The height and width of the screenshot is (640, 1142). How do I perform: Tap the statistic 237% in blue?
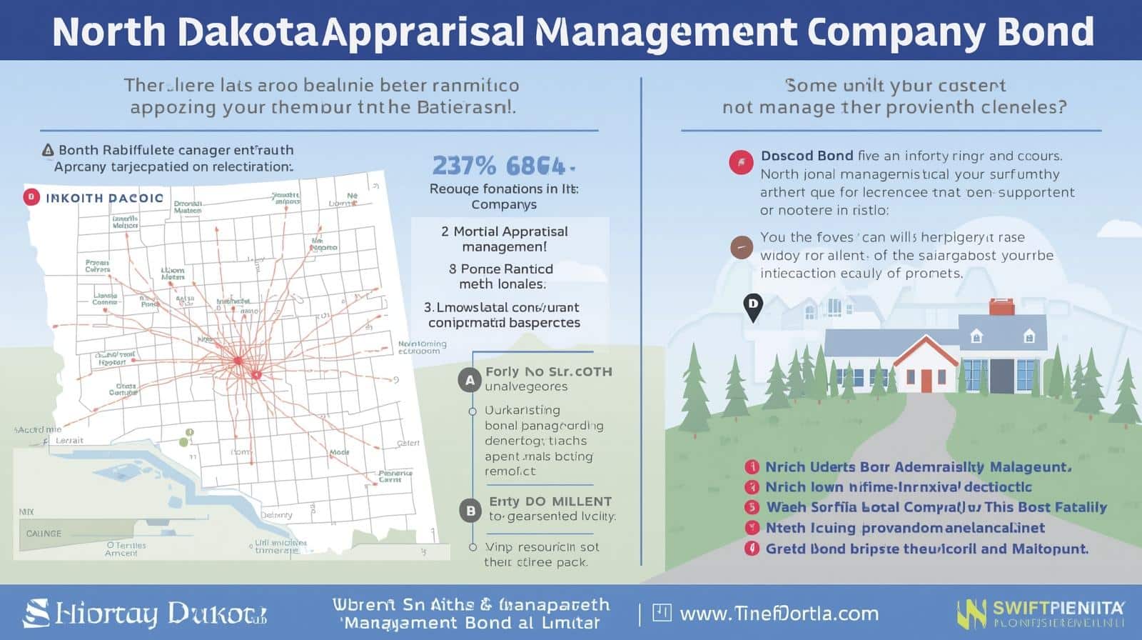[464, 166]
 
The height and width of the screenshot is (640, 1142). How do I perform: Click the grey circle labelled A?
[470, 380]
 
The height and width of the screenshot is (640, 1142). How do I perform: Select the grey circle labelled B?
[470, 510]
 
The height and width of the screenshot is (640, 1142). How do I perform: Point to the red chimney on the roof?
[1001, 308]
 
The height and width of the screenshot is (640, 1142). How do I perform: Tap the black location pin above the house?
[752, 306]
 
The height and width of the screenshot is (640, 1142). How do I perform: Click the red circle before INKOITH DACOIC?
[31, 197]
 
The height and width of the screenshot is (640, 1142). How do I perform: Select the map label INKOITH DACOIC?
[104, 198]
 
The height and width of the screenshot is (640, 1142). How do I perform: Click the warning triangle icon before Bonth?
[48, 150]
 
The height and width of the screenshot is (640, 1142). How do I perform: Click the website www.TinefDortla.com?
[779, 614]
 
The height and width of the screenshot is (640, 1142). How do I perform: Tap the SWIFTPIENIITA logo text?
[1058, 609]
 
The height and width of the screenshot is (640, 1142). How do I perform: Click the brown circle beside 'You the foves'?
[742, 248]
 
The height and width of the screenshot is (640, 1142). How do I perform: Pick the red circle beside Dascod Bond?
[741, 163]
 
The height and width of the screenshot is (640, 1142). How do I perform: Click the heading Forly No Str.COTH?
[548, 371]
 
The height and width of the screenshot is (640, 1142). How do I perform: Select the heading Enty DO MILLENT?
[550, 501]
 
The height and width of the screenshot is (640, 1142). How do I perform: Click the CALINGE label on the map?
[44, 534]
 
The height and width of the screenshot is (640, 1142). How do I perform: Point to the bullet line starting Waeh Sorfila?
[935, 507]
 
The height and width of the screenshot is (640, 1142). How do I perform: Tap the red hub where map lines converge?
[238, 361]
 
